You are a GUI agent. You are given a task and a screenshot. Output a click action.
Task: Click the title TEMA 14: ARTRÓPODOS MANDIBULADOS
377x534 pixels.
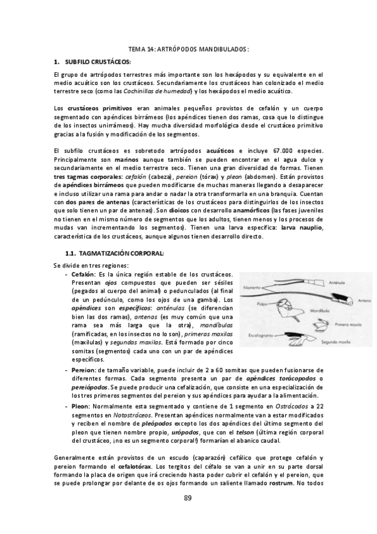(x=189, y=48)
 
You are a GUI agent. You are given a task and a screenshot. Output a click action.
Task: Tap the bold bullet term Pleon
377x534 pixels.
(x=80, y=407)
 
